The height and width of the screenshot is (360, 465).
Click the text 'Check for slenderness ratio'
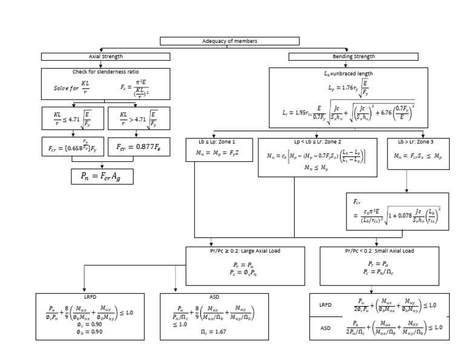106,72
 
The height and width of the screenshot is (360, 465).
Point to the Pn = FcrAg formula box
101,176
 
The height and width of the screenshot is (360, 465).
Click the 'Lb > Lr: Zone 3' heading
418,142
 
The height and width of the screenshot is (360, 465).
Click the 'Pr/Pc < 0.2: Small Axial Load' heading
380,250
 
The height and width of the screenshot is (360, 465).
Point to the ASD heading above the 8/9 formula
199,297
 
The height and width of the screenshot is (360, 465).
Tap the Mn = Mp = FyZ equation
216,154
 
